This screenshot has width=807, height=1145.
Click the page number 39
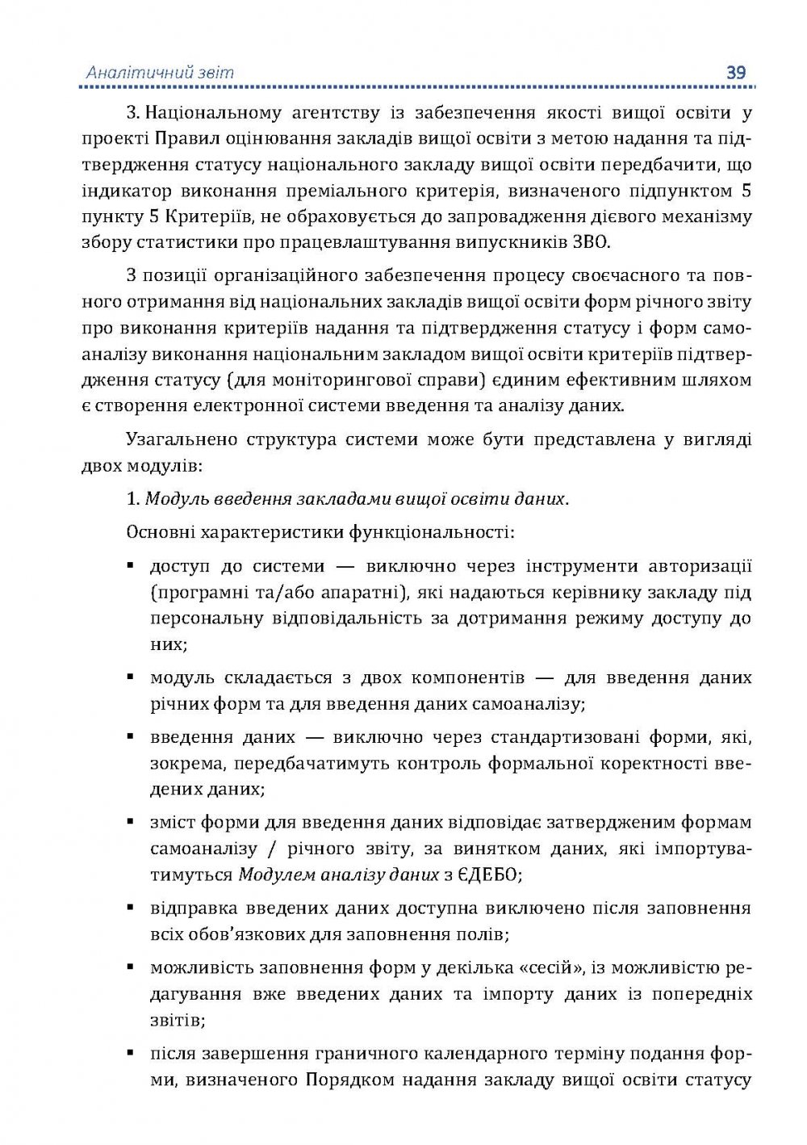pyautogui.click(x=735, y=72)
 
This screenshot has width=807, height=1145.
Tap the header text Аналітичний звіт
pyautogui.click(x=160, y=73)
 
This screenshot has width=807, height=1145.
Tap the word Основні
pyautogui.click(x=160, y=532)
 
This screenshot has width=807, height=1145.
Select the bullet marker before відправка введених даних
pyautogui.click(x=130, y=908)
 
